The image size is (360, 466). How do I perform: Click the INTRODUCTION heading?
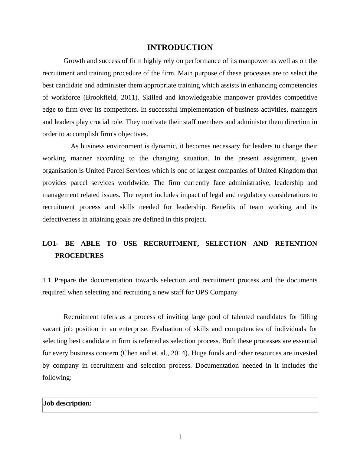click(x=180, y=48)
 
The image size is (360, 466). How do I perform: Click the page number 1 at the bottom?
click(x=180, y=437)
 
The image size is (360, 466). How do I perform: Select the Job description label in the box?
click(x=67, y=403)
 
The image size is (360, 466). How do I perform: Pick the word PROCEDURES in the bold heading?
click(x=79, y=256)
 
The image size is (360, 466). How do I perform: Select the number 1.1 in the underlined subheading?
click(x=47, y=280)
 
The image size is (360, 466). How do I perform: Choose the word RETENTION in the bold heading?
click(x=296, y=244)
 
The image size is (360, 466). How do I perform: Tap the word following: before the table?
click(x=57, y=378)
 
